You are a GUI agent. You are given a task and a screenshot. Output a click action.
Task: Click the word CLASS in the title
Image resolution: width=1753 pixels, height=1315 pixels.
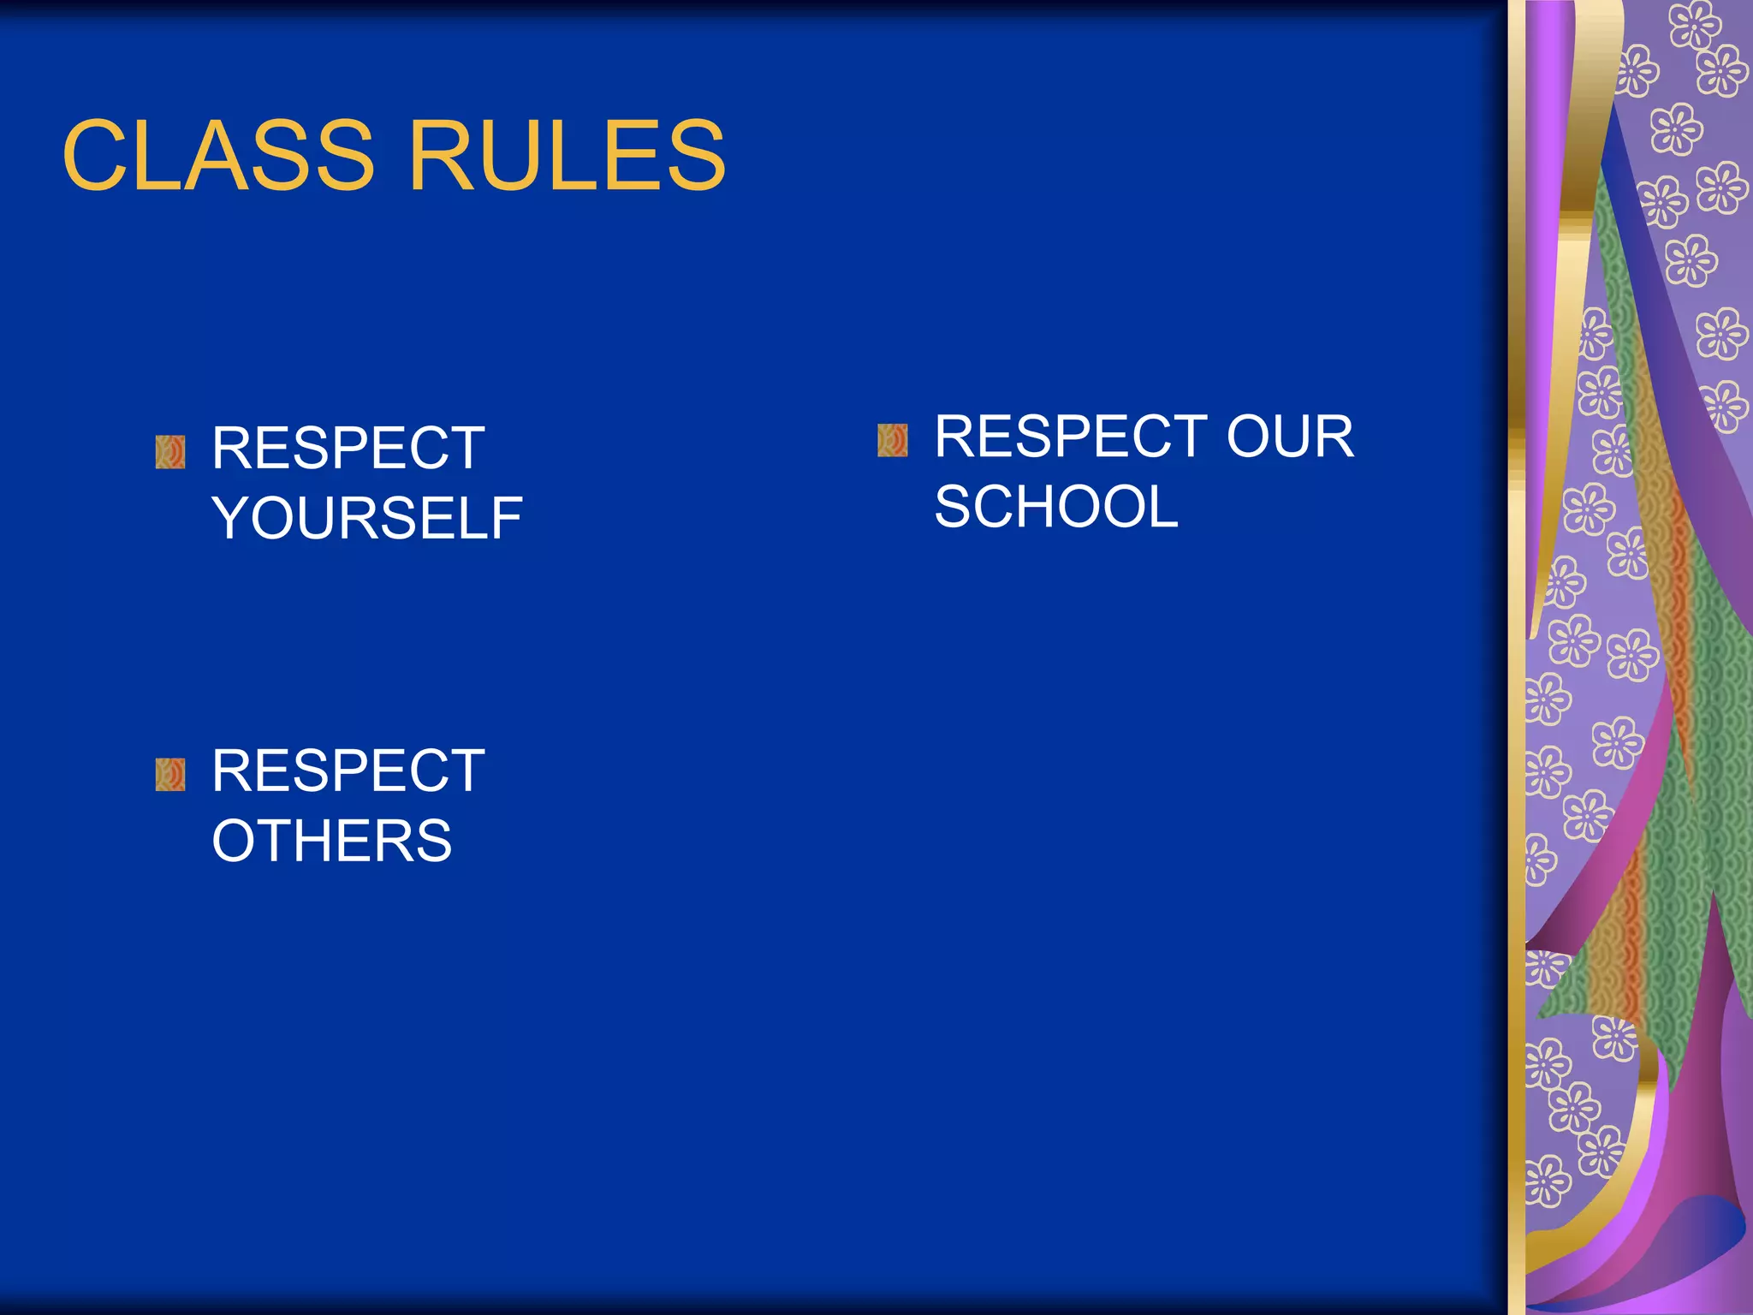pyautogui.click(x=218, y=156)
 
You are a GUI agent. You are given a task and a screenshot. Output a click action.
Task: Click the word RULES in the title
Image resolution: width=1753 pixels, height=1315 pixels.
pyautogui.click(x=567, y=156)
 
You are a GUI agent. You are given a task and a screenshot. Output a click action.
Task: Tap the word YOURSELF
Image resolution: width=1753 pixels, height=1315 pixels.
pyautogui.click(x=366, y=519)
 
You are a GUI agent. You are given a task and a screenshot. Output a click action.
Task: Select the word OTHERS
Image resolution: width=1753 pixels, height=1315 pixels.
pyautogui.click(x=331, y=841)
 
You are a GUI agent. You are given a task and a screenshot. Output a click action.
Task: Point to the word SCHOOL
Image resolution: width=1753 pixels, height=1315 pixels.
pyautogui.click(x=1055, y=507)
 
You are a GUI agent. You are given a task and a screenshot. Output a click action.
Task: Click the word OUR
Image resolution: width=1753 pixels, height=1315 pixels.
pyautogui.click(x=1290, y=437)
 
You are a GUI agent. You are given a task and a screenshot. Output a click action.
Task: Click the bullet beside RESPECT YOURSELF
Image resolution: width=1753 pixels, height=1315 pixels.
pyautogui.click(x=170, y=452)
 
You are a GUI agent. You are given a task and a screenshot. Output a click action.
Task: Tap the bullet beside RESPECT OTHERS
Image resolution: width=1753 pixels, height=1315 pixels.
pyautogui.click(x=170, y=775)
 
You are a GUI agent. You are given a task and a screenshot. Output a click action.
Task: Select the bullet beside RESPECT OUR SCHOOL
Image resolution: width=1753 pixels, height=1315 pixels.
pyautogui.click(x=893, y=440)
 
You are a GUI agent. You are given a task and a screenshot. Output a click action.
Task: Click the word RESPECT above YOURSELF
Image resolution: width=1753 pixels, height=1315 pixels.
pyautogui.click(x=348, y=449)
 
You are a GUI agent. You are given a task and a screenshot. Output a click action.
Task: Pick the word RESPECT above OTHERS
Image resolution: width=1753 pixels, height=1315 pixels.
pyautogui.click(x=348, y=771)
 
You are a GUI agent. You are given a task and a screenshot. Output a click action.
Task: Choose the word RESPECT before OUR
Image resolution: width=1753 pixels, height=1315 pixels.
pyautogui.click(x=1071, y=437)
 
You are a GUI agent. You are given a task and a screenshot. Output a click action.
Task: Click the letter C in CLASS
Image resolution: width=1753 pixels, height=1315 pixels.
pyautogui.click(x=95, y=156)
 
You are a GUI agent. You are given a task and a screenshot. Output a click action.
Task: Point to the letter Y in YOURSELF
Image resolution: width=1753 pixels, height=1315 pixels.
pyautogui.click(x=233, y=519)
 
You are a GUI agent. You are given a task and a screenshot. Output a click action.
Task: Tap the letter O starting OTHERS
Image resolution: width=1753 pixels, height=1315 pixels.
pyautogui.click(x=238, y=841)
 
